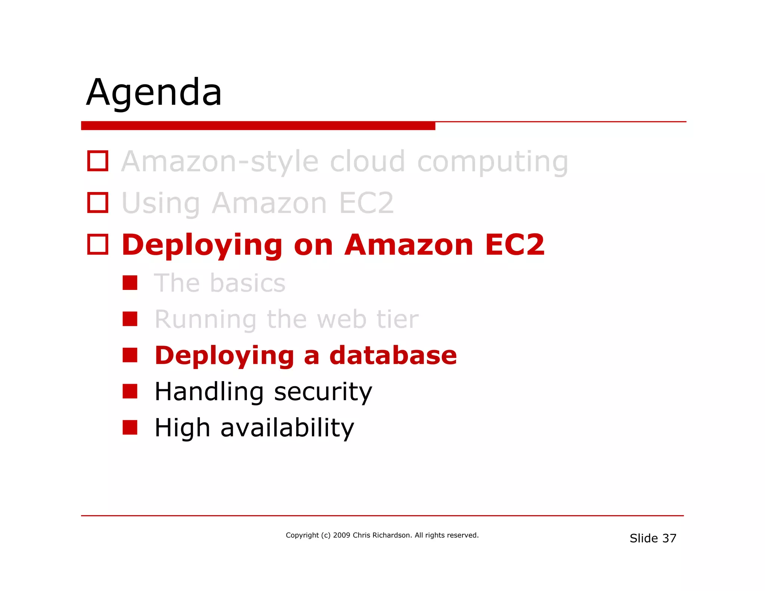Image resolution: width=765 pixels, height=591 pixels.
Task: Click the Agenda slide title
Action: pyautogui.click(x=154, y=92)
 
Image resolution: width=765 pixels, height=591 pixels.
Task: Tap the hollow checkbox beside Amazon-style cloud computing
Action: pyautogui.click(x=97, y=161)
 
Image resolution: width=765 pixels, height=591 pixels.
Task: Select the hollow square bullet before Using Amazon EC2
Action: pyautogui.click(x=97, y=203)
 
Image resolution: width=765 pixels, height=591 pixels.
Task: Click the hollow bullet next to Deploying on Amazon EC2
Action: pyautogui.click(x=97, y=245)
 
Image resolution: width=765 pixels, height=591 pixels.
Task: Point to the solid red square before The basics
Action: pyautogui.click(x=130, y=283)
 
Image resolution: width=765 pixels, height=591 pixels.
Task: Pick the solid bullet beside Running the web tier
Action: pyautogui.click(x=130, y=319)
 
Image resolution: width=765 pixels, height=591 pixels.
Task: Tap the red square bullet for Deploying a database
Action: pyautogui.click(x=130, y=355)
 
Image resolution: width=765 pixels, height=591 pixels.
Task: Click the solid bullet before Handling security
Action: pyautogui.click(x=130, y=392)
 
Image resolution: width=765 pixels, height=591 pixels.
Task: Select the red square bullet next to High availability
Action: pyautogui.click(x=130, y=428)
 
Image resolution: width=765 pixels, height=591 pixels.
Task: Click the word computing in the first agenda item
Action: pyautogui.click(x=492, y=162)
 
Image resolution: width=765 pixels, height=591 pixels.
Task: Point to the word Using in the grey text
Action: pyautogui.click(x=161, y=204)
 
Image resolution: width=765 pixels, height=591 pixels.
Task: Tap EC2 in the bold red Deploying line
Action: pyautogui.click(x=515, y=245)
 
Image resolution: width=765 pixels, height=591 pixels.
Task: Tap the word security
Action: pyautogui.click(x=323, y=392)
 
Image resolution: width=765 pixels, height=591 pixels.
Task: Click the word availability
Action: pyautogui.click(x=287, y=428)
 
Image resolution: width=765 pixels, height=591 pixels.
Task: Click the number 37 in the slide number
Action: pyautogui.click(x=669, y=538)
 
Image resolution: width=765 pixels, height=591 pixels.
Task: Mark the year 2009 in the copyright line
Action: pyautogui.click(x=341, y=535)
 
